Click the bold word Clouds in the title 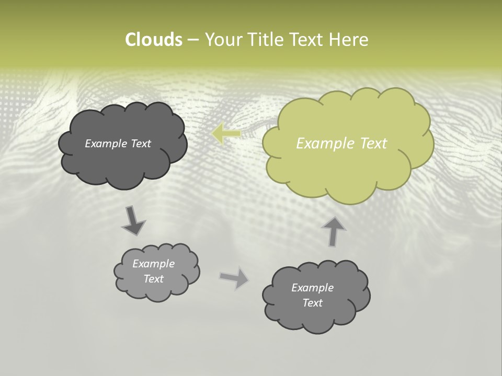point(153,40)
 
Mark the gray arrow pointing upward point(333,231)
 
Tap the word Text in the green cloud point(374,144)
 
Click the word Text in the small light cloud point(154,279)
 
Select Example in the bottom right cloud point(312,288)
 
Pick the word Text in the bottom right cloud point(312,303)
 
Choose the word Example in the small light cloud point(154,264)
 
